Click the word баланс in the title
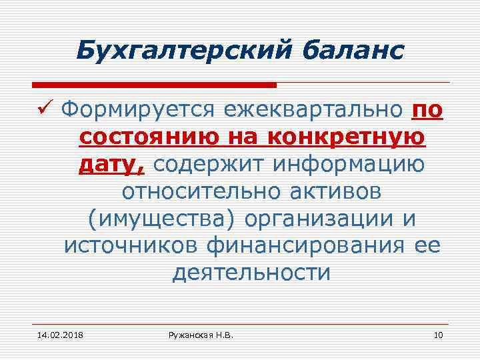351,49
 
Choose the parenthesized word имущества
161,219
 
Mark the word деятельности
251,273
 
